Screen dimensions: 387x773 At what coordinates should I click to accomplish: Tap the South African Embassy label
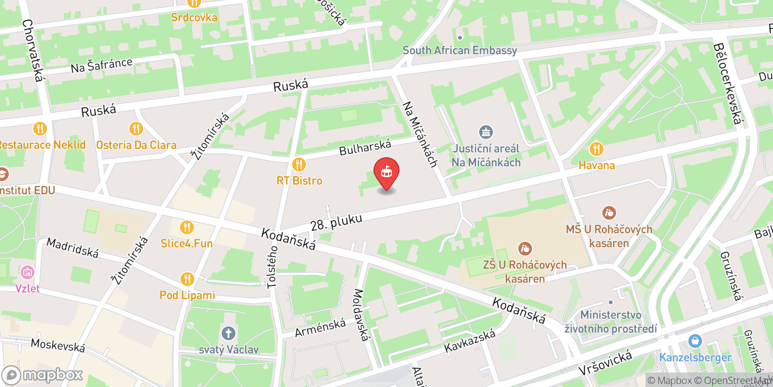pyautogui.click(x=459, y=50)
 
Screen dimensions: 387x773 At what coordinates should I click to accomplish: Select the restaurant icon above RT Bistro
pyautogui.click(x=299, y=164)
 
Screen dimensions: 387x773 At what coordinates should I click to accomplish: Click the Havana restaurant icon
pyautogui.click(x=597, y=149)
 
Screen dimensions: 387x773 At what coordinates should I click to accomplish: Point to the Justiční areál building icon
pyautogui.click(x=486, y=132)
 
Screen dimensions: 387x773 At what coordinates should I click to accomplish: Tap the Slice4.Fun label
pyautogui.click(x=186, y=243)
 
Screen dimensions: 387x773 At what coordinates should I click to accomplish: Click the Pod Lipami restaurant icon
pyautogui.click(x=187, y=279)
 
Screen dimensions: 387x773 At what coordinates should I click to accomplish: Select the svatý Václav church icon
pyautogui.click(x=229, y=333)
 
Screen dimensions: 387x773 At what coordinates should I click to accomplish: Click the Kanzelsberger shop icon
pyautogui.click(x=695, y=341)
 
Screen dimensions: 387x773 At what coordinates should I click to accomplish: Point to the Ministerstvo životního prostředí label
pyautogui.click(x=611, y=322)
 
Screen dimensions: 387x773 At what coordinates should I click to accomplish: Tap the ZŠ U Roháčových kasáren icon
pyautogui.click(x=525, y=249)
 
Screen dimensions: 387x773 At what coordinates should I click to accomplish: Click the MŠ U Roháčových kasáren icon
pyautogui.click(x=609, y=212)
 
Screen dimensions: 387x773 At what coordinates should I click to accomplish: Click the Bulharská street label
pyautogui.click(x=365, y=148)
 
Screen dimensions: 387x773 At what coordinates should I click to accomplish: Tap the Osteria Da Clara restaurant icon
pyautogui.click(x=136, y=129)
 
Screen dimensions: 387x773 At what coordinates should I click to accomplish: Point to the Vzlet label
pyautogui.click(x=28, y=289)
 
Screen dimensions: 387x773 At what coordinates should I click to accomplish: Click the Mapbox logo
pyautogui.click(x=43, y=375)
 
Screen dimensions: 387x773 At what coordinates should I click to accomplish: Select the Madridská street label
pyautogui.click(x=72, y=248)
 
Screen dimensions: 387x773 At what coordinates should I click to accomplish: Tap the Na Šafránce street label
pyautogui.click(x=101, y=65)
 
